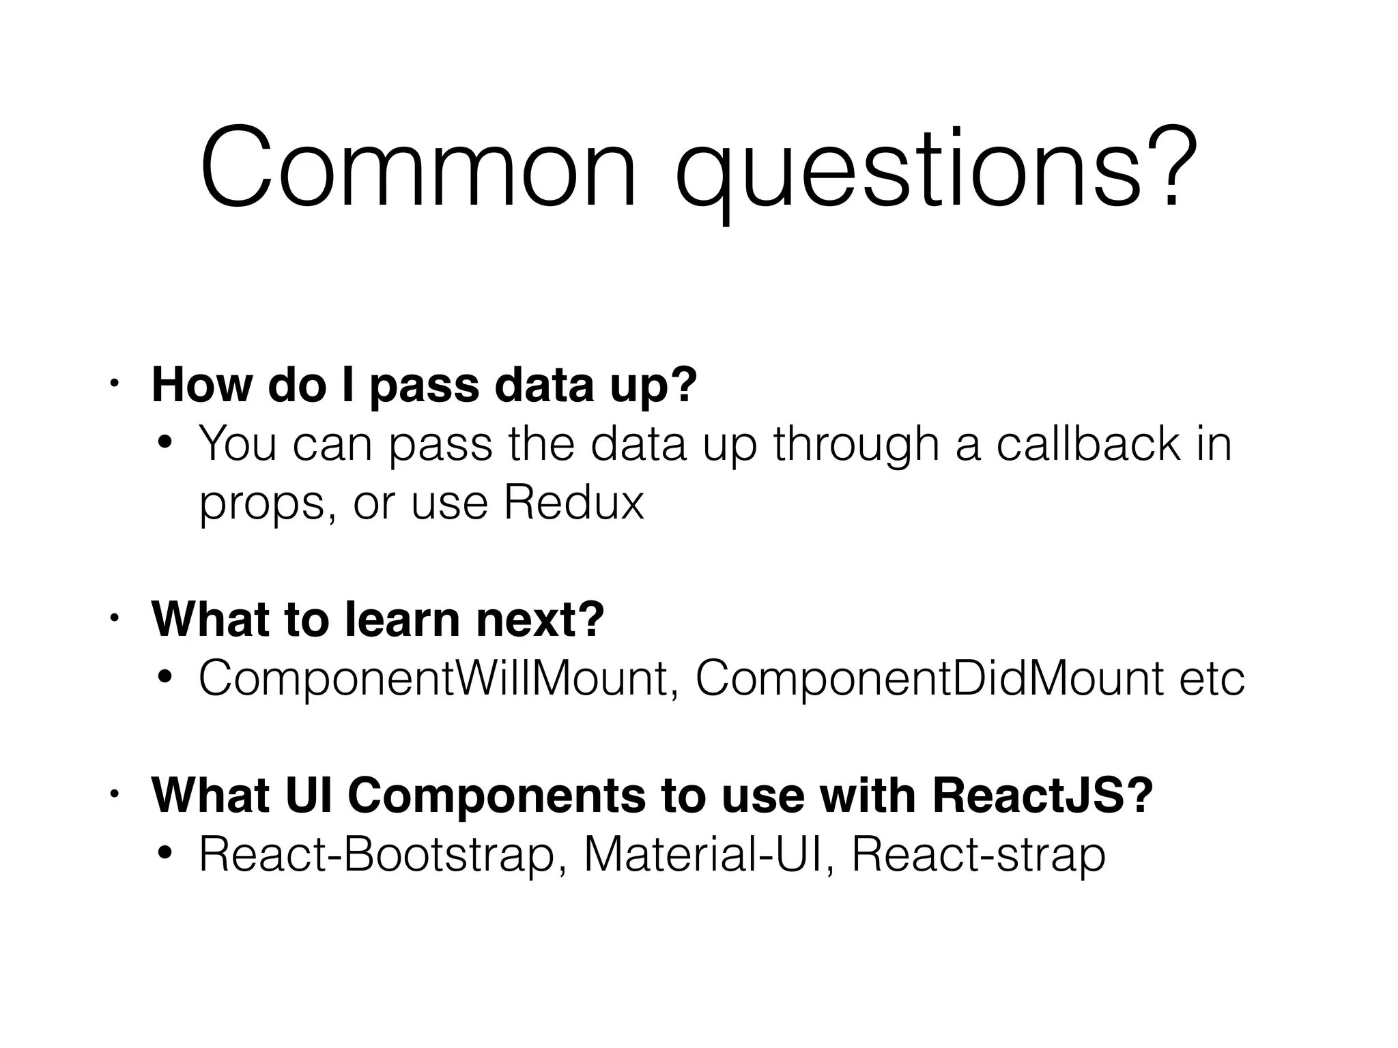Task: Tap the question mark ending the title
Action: (x=1171, y=168)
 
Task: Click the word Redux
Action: (x=573, y=504)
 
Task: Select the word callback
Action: (x=1087, y=444)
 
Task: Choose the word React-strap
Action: (x=978, y=856)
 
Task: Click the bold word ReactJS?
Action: (x=1042, y=796)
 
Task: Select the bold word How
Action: (x=202, y=385)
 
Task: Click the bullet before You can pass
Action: (x=165, y=444)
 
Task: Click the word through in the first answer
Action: (x=856, y=444)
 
